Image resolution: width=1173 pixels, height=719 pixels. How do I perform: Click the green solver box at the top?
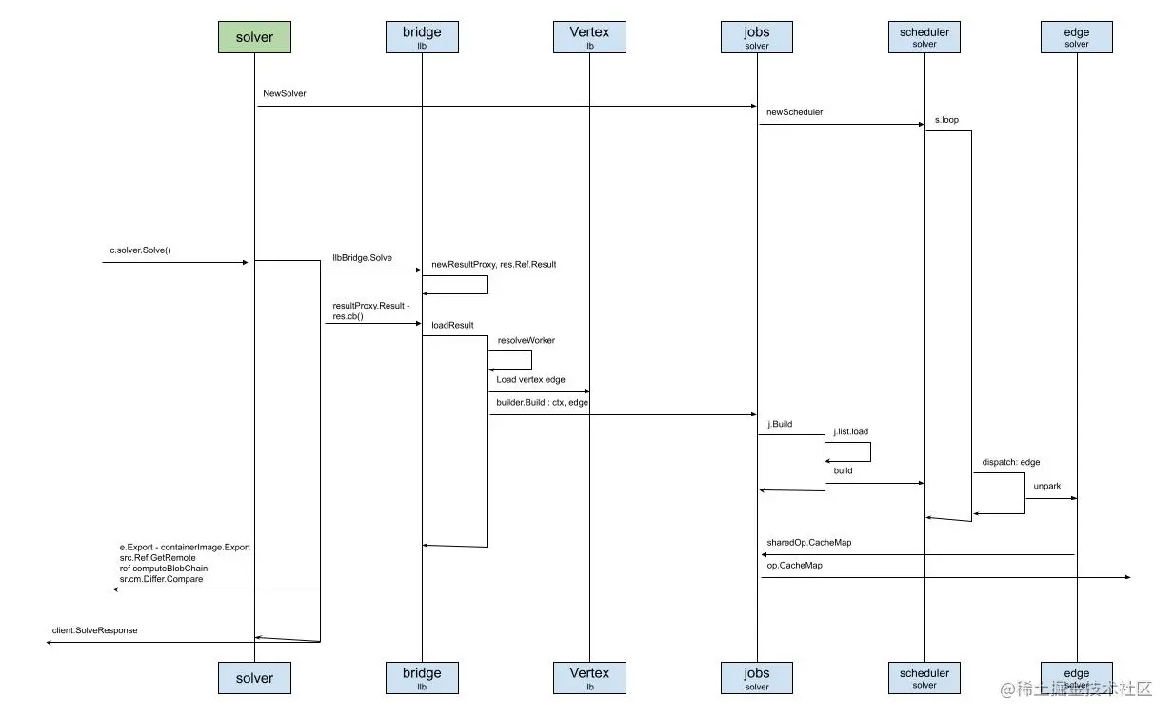pos(254,37)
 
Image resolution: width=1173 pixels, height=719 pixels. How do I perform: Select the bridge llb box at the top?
pos(422,37)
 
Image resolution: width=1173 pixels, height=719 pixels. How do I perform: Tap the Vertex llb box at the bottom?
pos(589,678)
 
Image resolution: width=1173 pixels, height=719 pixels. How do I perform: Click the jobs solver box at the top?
pos(757,37)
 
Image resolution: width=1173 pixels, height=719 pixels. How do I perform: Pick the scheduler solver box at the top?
pos(924,37)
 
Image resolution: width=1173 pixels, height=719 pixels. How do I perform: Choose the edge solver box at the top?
pos(1077,37)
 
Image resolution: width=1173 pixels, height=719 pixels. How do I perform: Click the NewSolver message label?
pos(285,94)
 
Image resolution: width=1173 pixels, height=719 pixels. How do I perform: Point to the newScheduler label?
pos(794,112)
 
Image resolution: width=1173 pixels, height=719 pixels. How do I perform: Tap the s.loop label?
pos(946,121)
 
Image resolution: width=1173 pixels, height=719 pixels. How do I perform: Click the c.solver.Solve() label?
pos(140,250)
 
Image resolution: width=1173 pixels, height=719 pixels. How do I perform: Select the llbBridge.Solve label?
pos(362,258)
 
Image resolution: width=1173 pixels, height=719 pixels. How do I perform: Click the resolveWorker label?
pos(526,340)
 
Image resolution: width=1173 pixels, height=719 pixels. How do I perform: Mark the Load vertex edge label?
pos(530,379)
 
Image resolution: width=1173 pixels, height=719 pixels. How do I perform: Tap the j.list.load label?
pos(850,431)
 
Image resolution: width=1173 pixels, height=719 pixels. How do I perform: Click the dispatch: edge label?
pos(1011,462)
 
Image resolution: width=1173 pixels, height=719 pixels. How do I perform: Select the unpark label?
pos(1046,486)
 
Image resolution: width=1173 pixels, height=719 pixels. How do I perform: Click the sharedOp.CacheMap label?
pos(808,543)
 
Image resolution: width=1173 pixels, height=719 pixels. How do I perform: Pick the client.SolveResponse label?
pos(94,630)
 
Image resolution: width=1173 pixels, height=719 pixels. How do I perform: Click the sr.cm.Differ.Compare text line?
pos(161,579)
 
